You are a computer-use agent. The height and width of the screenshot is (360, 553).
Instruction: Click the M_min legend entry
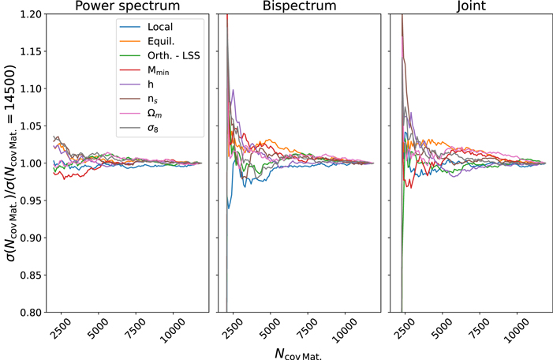[161, 70]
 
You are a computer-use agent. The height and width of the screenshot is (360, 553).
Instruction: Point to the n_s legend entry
[155, 99]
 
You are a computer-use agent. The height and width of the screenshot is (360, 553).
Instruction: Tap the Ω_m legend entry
[156, 114]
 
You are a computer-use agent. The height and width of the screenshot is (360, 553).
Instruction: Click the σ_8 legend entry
[155, 129]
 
